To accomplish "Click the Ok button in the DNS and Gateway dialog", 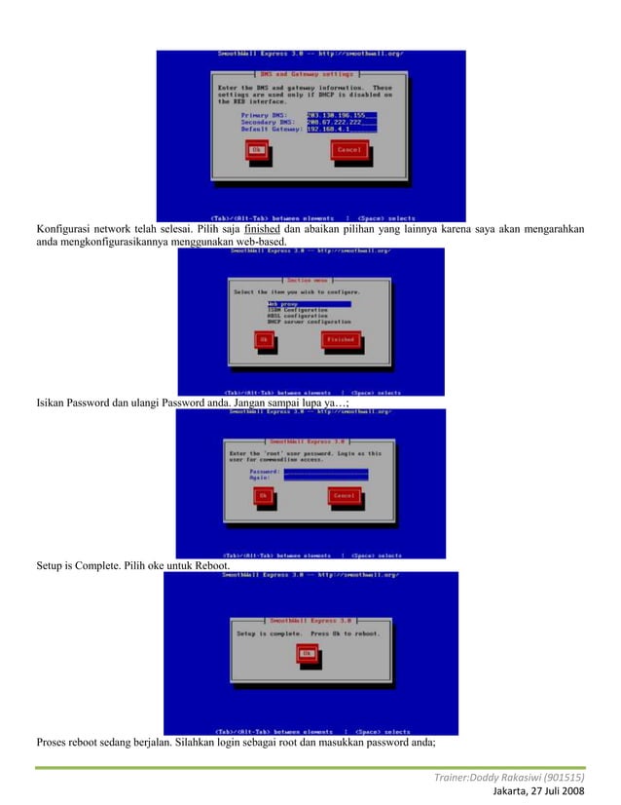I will pyautogui.click(x=258, y=150).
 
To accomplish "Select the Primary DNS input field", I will pyautogui.click(x=342, y=115).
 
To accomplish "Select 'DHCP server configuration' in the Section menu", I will pyautogui.click(x=309, y=321).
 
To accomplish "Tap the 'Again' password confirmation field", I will pyautogui.click(x=325, y=478).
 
